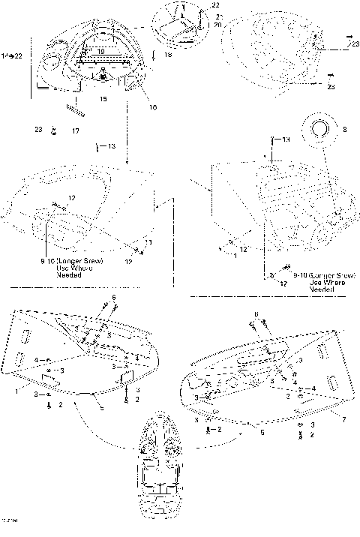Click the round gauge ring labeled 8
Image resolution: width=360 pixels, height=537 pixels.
click(319, 128)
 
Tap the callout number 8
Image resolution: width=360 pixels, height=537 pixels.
click(344, 129)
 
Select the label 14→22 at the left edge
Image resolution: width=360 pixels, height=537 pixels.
click(13, 56)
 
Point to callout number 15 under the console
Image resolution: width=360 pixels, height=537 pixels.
click(103, 98)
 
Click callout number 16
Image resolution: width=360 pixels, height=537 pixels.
click(152, 107)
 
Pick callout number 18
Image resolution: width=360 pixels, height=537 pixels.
click(167, 55)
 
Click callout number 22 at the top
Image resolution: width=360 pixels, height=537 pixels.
click(195, 5)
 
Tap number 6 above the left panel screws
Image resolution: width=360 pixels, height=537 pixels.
click(113, 298)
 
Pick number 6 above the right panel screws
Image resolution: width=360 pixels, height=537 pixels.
click(256, 314)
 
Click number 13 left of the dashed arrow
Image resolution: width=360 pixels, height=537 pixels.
click(112, 146)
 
